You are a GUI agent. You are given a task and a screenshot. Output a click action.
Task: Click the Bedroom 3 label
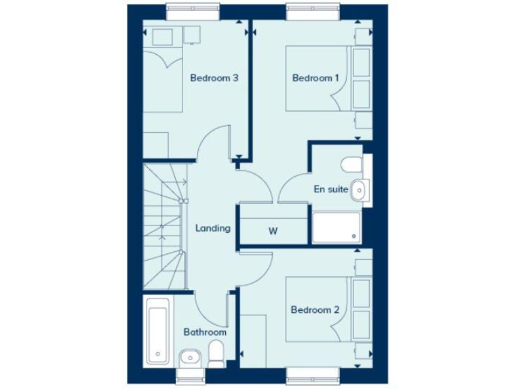click(214, 78)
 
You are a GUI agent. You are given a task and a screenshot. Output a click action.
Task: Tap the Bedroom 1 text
click(315, 78)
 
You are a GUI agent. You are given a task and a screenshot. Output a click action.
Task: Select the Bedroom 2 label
click(315, 310)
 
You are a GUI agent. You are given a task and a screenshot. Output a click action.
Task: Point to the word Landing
click(213, 228)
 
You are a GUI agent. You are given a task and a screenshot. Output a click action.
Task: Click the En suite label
click(330, 190)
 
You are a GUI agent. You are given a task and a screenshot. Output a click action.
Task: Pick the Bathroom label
click(205, 332)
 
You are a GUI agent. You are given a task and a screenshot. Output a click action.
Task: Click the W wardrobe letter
click(273, 230)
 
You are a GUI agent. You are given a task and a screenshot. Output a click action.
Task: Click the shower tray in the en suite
click(336, 227)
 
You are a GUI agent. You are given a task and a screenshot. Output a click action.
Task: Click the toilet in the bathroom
click(216, 354)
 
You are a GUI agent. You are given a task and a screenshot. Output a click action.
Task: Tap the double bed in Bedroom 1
click(317, 78)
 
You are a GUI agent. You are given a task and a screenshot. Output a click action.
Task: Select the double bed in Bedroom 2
click(317, 309)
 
